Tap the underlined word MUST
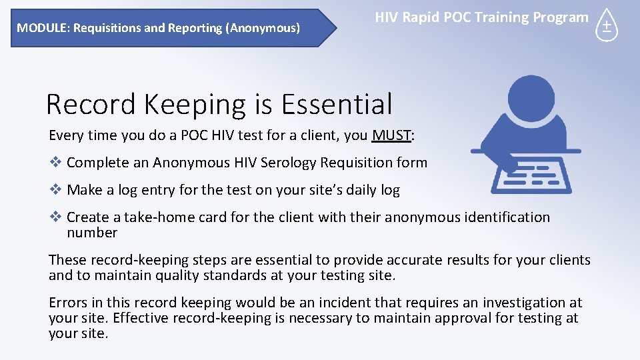coord(391,135)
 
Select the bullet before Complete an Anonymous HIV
coord(55,162)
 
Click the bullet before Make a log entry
coord(55,189)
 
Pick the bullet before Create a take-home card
coord(55,217)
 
